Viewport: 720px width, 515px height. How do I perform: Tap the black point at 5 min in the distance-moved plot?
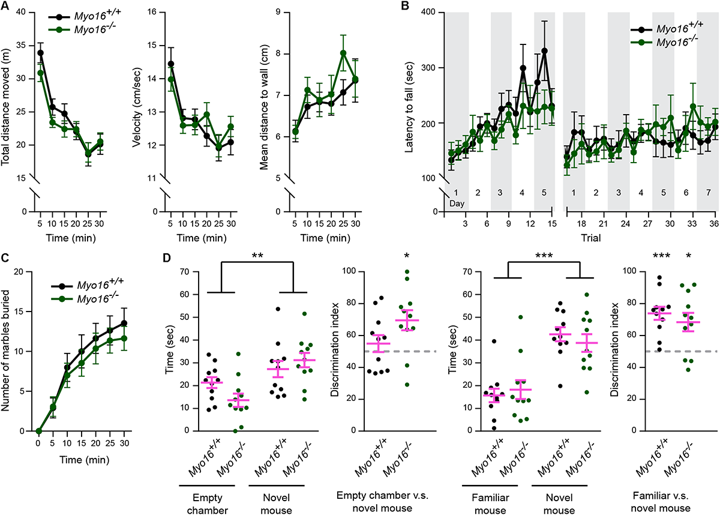[x=40, y=52]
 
